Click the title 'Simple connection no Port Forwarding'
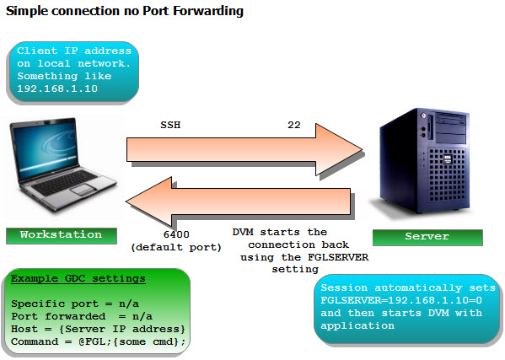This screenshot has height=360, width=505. click(125, 12)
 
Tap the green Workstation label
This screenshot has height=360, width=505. click(61, 235)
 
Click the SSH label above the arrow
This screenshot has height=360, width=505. click(170, 125)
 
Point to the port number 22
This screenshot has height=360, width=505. click(294, 125)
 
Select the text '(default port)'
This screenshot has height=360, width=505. click(177, 248)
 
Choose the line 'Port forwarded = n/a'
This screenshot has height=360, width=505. click(73, 315)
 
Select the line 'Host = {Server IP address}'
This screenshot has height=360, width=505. click(94, 327)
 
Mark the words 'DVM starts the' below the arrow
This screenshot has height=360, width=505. click(279, 232)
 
